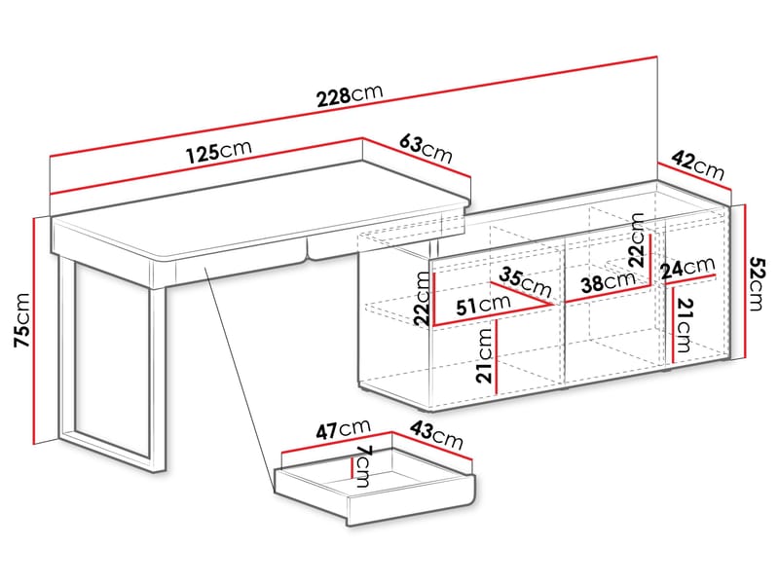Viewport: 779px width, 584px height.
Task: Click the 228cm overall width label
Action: pyautogui.click(x=351, y=95)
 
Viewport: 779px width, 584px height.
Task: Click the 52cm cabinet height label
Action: pyautogui.click(x=756, y=283)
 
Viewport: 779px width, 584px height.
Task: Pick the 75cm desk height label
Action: pyautogui.click(x=21, y=320)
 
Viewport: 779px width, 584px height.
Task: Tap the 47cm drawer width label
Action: pyautogui.click(x=344, y=428)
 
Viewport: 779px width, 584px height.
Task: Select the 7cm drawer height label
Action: pyautogui.click(x=363, y=468)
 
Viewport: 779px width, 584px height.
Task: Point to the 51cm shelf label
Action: pyautogui.click(x=485, y=305)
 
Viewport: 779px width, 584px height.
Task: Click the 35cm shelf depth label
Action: pyautogui.click(x=527, y=281)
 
